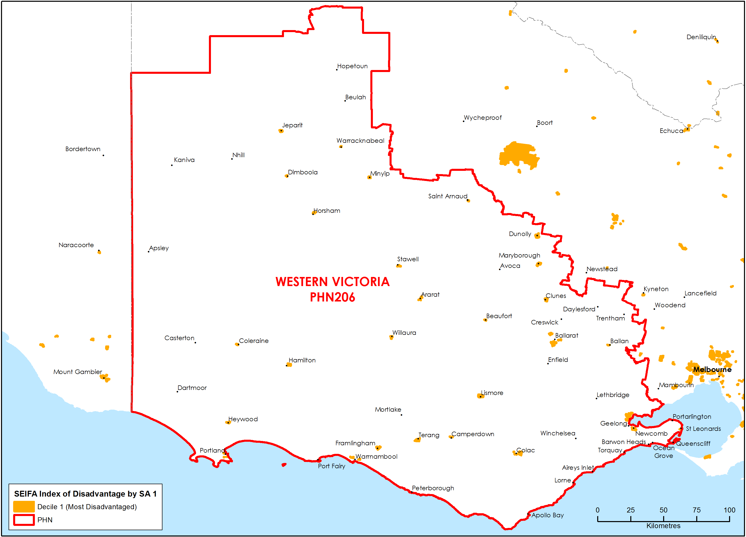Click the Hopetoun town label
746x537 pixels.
(352, 66)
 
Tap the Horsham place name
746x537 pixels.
(327, 211)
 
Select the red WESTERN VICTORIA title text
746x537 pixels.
(332, 282)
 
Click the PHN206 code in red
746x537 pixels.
(332, 297)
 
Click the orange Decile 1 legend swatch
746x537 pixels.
(24, 506)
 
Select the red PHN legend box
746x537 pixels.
(24, 520)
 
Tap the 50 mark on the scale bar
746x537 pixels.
(663, 510)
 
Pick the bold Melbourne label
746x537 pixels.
(712, 369)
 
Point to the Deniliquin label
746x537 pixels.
(701, 37)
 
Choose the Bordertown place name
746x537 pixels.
(83, 149)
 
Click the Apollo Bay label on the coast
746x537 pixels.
(547, 515)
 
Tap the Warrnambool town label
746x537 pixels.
(376, 456)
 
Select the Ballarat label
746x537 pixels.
(566, 335)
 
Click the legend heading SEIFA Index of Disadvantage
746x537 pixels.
(85, 494)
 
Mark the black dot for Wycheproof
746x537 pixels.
(464, 121)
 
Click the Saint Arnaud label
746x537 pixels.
(447, 196)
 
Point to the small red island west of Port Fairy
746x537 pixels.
(284, 465)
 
